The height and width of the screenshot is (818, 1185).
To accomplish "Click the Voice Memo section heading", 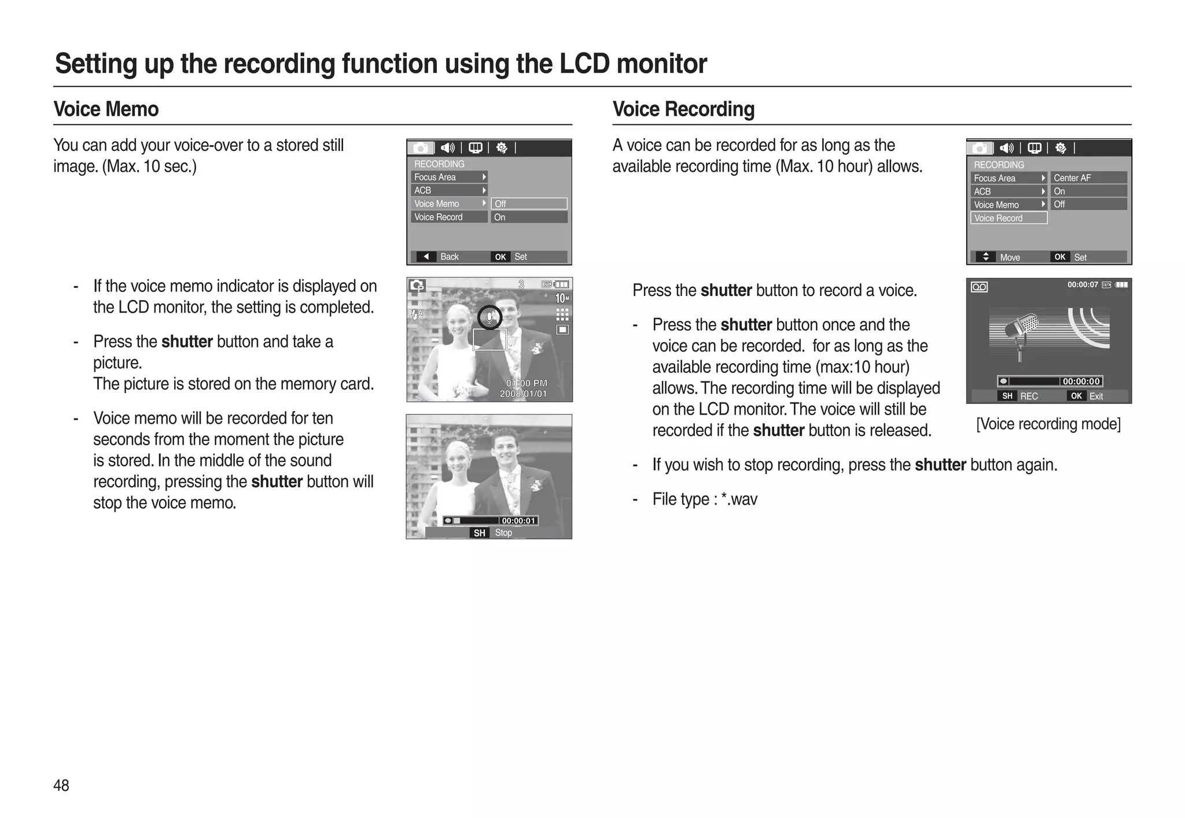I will coord(106,109).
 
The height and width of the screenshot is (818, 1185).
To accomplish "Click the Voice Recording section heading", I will coord(683,109).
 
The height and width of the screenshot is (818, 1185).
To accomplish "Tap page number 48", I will coord(61,785).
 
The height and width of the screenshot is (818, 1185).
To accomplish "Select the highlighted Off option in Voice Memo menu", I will coord(529,203).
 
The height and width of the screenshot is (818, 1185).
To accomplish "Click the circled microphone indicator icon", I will coord(490,317).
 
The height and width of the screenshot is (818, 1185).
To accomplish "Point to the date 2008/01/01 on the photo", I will coord(523,394).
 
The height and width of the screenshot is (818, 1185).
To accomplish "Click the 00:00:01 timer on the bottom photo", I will coord(518,521).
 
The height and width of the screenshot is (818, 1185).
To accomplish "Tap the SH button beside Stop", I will coord(479,533).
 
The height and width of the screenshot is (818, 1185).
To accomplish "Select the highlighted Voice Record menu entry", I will coord(1009,218).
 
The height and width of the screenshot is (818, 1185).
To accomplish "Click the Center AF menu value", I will coord(1072,178).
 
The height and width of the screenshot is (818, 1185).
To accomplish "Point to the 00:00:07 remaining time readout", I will coord(1082,284).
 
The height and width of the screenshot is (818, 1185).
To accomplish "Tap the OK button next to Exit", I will coord(1076,396).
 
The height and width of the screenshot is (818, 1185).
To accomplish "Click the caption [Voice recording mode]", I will coord(1048,424).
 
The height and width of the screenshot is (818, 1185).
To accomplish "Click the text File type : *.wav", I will coord(705,499).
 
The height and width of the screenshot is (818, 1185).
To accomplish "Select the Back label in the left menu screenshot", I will coord(449,257).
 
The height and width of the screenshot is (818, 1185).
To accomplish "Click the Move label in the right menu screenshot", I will coord(1010,257).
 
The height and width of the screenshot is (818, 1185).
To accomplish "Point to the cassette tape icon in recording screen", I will coord(979,287).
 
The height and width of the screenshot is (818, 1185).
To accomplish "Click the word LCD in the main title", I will coord(584,64).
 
